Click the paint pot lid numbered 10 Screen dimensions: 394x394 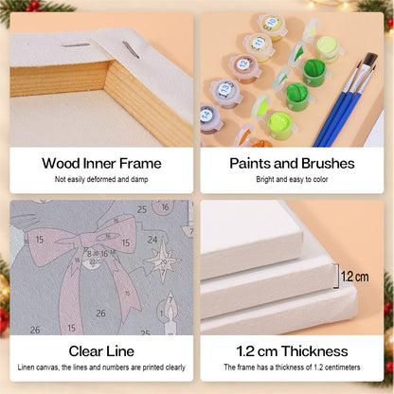[x=271, y=23]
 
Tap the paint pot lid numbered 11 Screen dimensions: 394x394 [x=259, y=43]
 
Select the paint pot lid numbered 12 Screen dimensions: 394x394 [x=243, y=63]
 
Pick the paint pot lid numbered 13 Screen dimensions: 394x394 [x=225, y=88]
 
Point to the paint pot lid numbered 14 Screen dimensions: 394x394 [x=206, y=115]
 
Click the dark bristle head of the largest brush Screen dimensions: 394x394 [x=370, y=60]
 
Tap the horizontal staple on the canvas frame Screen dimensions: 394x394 [x=76, y=45]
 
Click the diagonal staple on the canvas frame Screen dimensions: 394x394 [x=131, y=50]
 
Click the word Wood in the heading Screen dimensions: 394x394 [x=61, y=164]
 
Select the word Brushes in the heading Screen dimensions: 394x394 [x=328, y=164]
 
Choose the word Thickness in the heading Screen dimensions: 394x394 [x=314, y=351]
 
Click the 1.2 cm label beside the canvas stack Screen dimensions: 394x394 [x=355, y=277]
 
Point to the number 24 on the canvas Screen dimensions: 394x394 [x=152, y=240]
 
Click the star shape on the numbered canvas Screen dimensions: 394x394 [x=163, y=260]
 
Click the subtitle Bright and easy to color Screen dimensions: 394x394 [x=292, y=179]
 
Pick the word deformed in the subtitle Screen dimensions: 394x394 [x=101, y=179]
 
